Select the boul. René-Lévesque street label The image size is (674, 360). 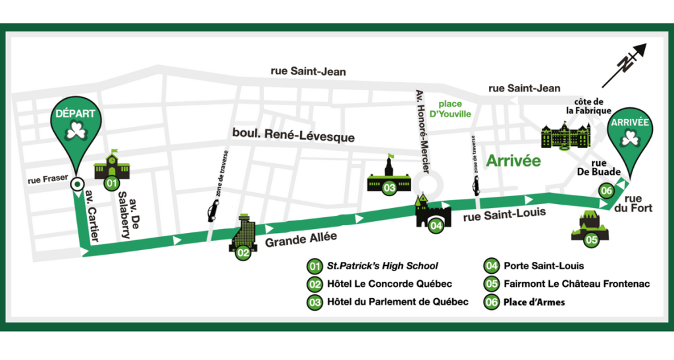(x=293, y=134)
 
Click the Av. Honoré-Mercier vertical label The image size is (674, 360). (x=421, y=131)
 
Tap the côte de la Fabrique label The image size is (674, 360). (x=588, y=106)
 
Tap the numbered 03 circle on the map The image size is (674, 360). (x=389, y=188)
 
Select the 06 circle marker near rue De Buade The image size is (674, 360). (x=607, y=190)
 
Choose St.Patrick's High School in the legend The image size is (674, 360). (x=382, y=267)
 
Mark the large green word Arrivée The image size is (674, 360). (x=513, y=160)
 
